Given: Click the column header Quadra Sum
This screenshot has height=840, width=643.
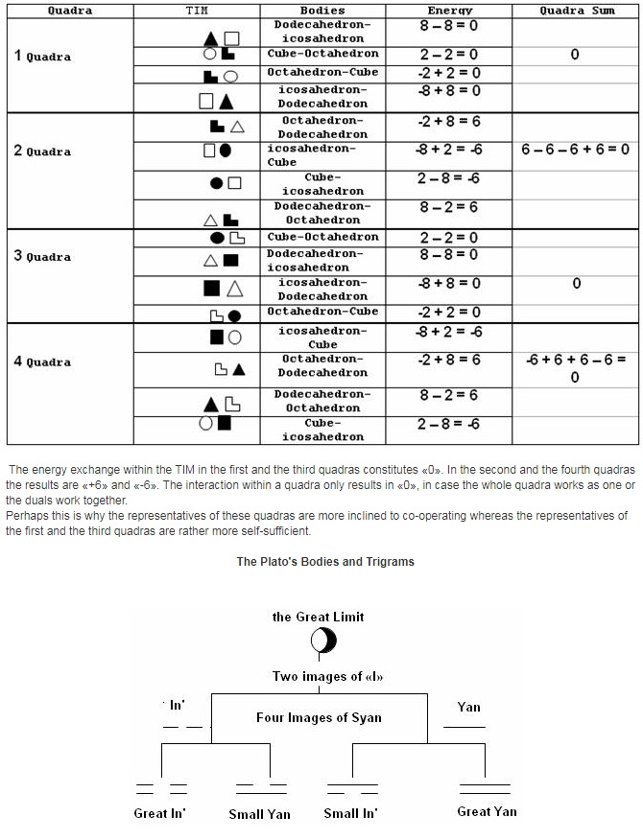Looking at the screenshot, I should pyautogui.click(x=576, y=11).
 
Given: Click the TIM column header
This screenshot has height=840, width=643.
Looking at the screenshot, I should pyautogui.click(x=196, y=11).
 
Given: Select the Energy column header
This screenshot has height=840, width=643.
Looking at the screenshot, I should pyautogui.click(x=449, y=11).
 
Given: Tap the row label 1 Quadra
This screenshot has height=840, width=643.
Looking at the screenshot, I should pyautogui.click(x=42, y=56).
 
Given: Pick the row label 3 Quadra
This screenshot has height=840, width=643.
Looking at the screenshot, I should pyautogui.click(x=42, y=256).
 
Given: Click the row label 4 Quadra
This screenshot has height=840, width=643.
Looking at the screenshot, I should pyautogui.click(x=42, y=362).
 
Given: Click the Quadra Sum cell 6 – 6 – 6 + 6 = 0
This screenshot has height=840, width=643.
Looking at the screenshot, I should pyautogui.click(x=575, y=150).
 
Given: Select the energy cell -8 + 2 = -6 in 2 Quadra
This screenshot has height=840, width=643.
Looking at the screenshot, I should pyautogui.click(x=449, y=150).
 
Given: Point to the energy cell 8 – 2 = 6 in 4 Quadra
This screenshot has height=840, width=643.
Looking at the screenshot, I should pyautogui.click(x=449, y=395).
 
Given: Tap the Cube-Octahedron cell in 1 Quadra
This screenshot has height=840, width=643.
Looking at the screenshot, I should pyautogui.click(x=322, y=54).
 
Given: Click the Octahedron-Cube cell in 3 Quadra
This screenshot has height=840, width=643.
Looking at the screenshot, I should pyautogui.click(x=322, y=312).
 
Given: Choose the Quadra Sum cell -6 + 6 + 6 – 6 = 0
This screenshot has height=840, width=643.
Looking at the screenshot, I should pyautogui.click(x=576, y=367).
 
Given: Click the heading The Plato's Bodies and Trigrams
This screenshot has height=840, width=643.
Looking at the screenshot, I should pyautogui.click(x=325, y=561).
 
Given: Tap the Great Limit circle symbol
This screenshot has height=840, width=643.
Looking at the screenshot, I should pyautogui.click(x=323, y=640).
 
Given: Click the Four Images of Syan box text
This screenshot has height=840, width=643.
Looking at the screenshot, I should pyautogui.click(x=319, y=717).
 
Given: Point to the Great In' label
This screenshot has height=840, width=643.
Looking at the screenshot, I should pyautogui.click(x=159, y=814).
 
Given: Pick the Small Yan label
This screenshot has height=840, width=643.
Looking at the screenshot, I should pyautogui.click(x=259, y=814).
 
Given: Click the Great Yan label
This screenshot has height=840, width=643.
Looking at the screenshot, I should pyautogui.click(x=487, y=811).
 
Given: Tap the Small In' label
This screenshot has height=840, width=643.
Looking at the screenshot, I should pyautogui.click(x=350, y=813).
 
